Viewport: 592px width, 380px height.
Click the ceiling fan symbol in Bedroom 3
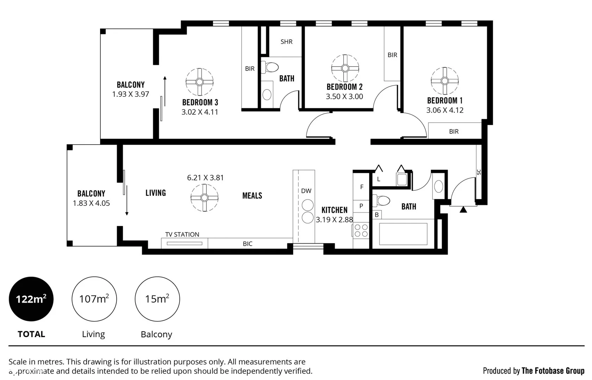click(199, 82)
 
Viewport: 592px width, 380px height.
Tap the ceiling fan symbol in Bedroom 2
click(345, 68)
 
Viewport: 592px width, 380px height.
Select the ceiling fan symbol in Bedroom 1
click(444, 81)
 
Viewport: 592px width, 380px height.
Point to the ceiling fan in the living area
click(204, 198)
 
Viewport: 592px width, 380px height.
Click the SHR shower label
click(286, 42)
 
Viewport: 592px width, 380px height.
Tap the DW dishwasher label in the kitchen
click(306, 191)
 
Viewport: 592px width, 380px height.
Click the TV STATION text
click(182, 234)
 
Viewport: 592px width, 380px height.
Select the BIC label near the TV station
click(248, 243)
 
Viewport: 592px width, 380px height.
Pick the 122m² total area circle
click(31, 299)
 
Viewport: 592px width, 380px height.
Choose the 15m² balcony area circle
click(157, 299)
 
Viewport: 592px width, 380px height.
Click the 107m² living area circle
click(94, 299)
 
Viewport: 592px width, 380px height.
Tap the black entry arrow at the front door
click(463, 210)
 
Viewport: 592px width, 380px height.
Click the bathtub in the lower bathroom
click(403, 234)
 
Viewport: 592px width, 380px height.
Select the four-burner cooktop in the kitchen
click(361, 231)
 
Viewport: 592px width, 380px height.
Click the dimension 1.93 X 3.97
click(131, 94)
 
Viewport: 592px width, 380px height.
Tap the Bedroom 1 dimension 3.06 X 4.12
click(445, 110)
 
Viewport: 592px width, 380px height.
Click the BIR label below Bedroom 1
click(454, 132)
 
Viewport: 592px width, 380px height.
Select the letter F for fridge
click(361, 187)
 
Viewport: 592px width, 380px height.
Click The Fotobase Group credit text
click(553, 370)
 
